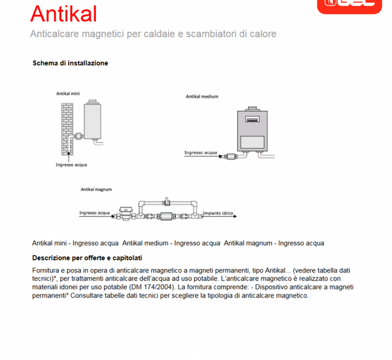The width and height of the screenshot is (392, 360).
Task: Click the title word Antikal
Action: point(63,13)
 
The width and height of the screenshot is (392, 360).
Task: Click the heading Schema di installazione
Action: point(70,63)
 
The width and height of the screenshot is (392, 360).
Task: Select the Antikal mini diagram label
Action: point(67,95)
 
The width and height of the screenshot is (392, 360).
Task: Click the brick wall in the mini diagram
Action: point(66,127)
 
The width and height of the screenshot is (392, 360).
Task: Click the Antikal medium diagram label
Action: point(202,97)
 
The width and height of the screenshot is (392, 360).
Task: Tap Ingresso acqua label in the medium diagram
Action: point(201,153)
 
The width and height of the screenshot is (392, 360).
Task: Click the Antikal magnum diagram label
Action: point(97,189)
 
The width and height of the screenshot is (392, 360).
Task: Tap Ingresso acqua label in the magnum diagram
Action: point(94,213)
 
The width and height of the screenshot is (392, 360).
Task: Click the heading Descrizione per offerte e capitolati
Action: point(87,257)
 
